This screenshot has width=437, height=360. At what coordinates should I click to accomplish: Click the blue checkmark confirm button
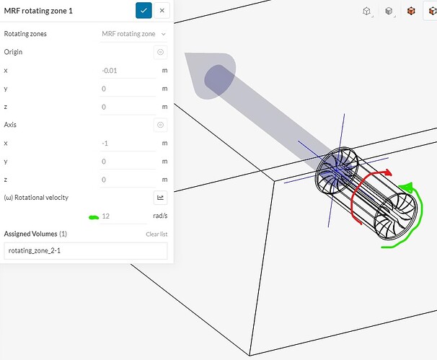[144, 11]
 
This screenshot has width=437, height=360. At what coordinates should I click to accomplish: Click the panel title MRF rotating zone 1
[38, 11]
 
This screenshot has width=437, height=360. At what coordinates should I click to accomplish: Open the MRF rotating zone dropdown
[133, 34]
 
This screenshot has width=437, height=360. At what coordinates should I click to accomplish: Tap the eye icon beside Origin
[160, 52]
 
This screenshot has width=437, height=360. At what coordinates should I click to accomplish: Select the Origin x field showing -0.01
[128, 71]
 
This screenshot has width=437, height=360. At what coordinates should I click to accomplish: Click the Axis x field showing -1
[128, 144]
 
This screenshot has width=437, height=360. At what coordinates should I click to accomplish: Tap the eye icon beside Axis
[160, 125]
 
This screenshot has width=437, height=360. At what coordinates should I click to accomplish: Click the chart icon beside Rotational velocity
[160, 198]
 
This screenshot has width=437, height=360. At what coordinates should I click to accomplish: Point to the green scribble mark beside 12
[94, 217]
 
